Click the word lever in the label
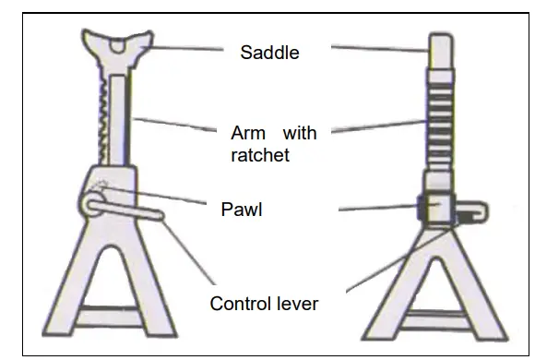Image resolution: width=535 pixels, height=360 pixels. pos(297,303)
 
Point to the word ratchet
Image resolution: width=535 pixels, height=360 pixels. pos(259,155)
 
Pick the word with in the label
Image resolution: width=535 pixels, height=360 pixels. pos(300,133)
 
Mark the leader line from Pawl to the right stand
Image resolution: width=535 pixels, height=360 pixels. pos(378,210)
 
